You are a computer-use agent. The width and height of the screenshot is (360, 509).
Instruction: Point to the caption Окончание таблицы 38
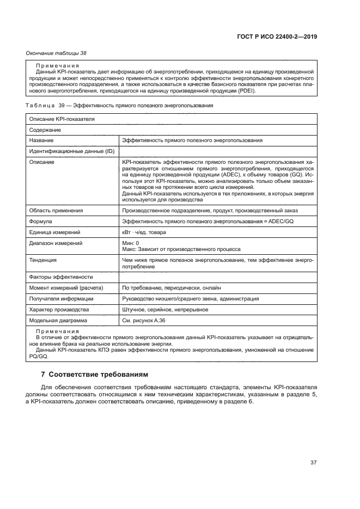tap(56, 53)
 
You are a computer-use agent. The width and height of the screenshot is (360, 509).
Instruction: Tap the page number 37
tap(313, 463)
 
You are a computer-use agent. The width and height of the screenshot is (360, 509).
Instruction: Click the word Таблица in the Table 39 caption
tap(40, 105)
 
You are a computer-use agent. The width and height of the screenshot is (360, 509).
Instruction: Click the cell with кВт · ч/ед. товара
tap(144, 232)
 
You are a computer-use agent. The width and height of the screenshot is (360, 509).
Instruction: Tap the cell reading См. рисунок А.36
tap(144, 321)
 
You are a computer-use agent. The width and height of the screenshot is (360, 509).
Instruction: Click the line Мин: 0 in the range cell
tap(131, 243)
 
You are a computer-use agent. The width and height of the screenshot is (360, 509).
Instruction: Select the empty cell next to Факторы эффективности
tap(218, 277)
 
